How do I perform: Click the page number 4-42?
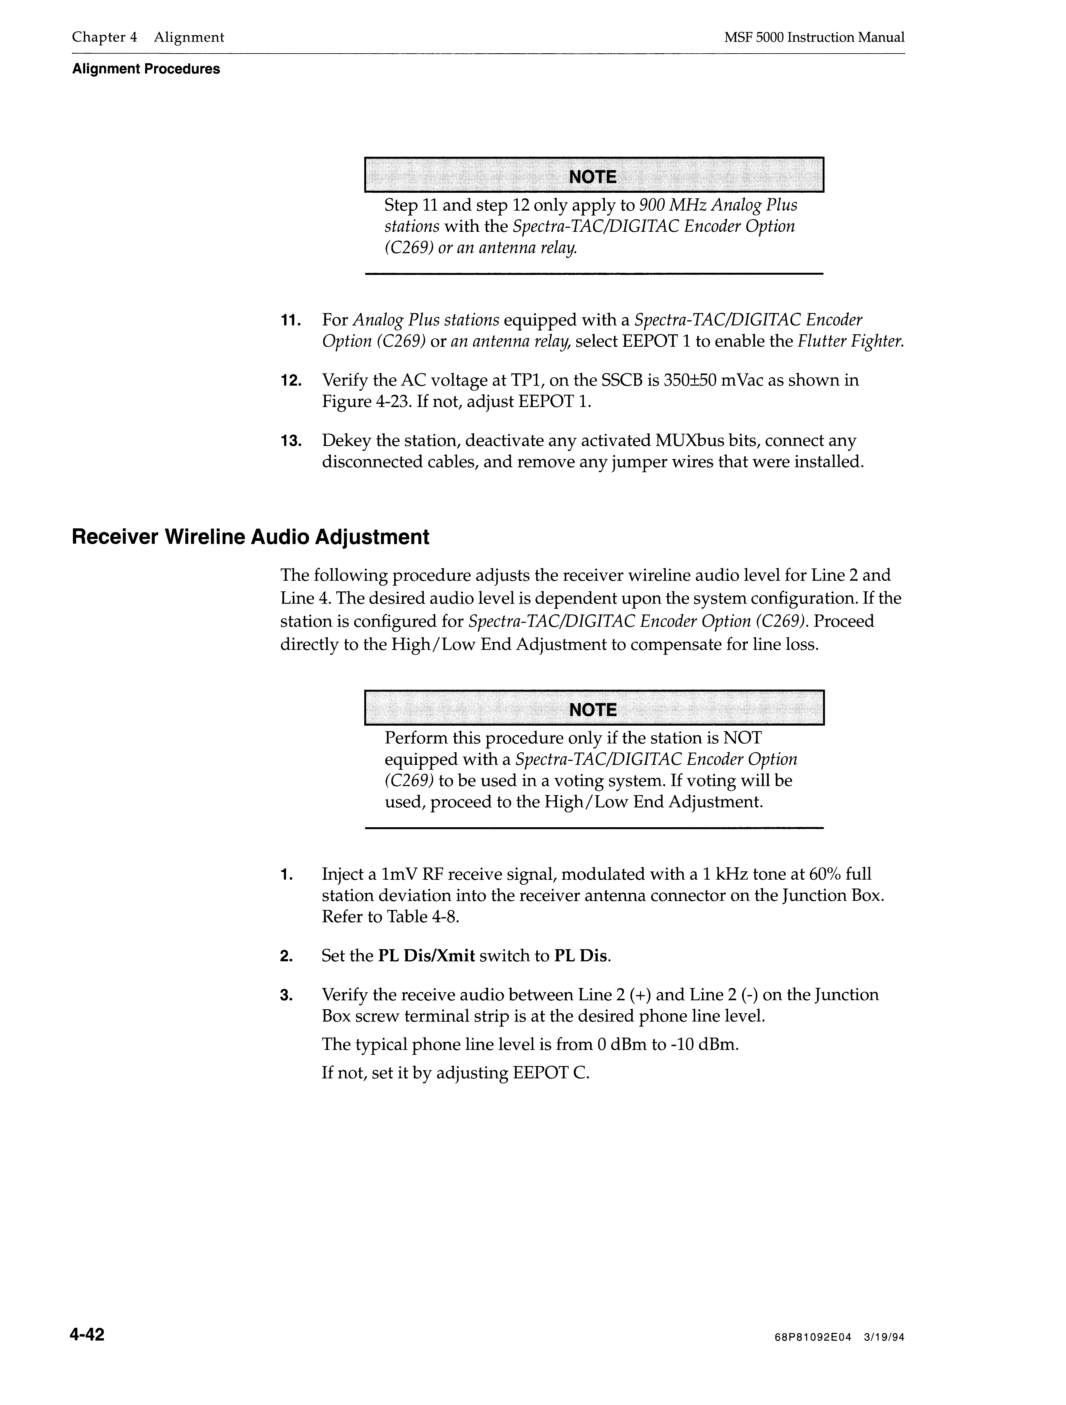click(88, 1334)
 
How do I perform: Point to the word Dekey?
click(344, 441)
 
